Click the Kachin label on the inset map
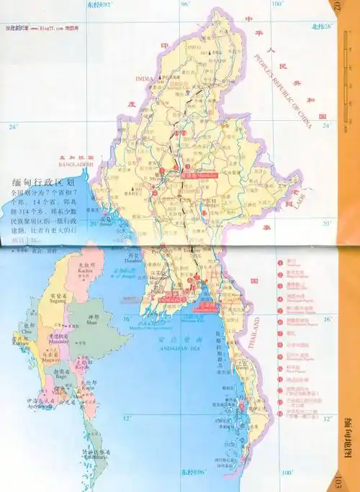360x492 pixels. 69,278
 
